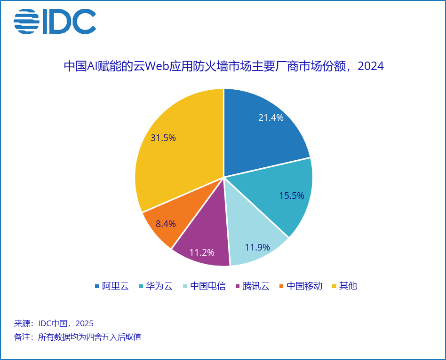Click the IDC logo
point(55,22)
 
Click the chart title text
point(223,66)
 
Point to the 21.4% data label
point(271,118)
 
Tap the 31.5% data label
point(163,138)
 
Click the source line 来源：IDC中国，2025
point(54,323)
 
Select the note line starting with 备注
point(78,337)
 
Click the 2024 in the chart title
point(371,66)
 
